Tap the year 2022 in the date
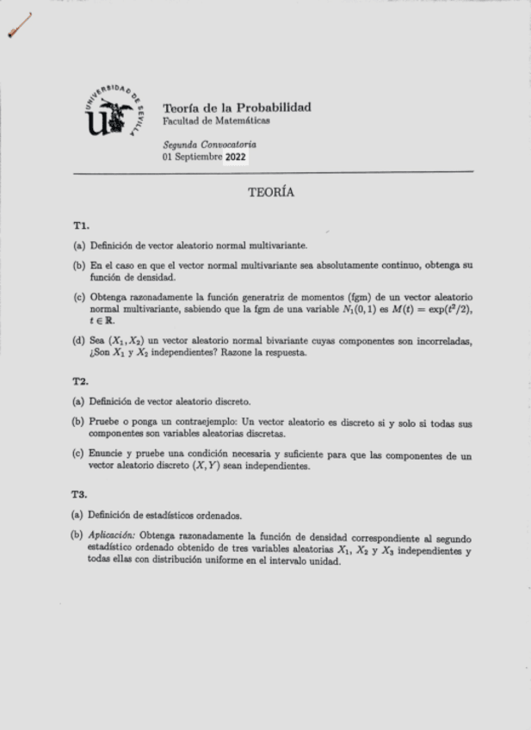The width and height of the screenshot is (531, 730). pyautogui.click(x=236, y=158)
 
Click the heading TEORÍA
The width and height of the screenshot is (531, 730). pyautogui.click(x=271, y=193)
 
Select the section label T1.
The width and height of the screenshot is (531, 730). pyautogui.click(x=81, y=226)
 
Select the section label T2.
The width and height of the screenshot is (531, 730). pyautogui.click(x=81, y=380)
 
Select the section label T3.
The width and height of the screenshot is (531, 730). pyautogui.click(x=81, y=495)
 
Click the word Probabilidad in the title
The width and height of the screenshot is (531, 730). pyautogui.click(x=273, y=108)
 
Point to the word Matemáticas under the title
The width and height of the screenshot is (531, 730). pyautogui.click(x=241, y=121)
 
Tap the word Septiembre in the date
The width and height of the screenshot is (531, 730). pyautogui.click(x=197, y=158)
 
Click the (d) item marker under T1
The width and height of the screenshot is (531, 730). pyautogui.click(x=79, y=341)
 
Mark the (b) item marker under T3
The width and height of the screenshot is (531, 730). pyautogui.click(x=77, y=537)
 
